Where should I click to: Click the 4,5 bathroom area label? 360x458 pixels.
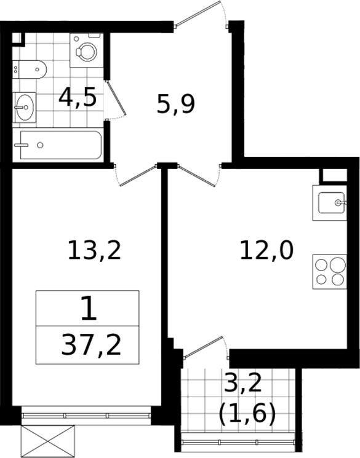pyautogui.click(x=78, y=98)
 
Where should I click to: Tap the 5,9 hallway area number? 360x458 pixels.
pyautogui.click(x=176, y=105)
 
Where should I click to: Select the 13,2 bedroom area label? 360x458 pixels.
pyautogui.click(x=94, y=250)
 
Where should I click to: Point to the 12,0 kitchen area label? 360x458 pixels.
pyautogui.click(x=266, y=250)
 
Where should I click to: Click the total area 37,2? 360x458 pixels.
pyautogui.click(x=91, y=345)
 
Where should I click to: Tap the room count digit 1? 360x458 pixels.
pyautogui.click(x=89, y=308)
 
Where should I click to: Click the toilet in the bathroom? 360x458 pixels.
pyautogui.click(x=30, y=69)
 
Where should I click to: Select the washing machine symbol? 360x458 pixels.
pyautogui.click(x=87, y=50)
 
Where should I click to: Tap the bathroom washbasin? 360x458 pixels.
pyautogui.click(x=24, y=107)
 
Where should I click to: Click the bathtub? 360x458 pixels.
pyautogui.click(x=58, y=145)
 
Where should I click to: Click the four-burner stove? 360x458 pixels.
pyautogui.click(x=330, y=272)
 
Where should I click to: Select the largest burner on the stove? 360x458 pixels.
pyautogui.click(x=338, y=264)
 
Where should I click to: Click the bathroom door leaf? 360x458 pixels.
pyautogui.click(x=116, y=98)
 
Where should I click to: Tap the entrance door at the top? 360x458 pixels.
pyautogui.click(x=198, y=14)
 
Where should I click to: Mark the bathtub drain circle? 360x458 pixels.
pyautogui.click(x=41, y=145)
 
